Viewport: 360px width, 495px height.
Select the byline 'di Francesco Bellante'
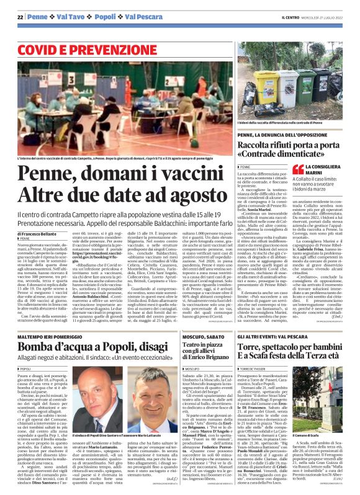(x=38, y=216)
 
